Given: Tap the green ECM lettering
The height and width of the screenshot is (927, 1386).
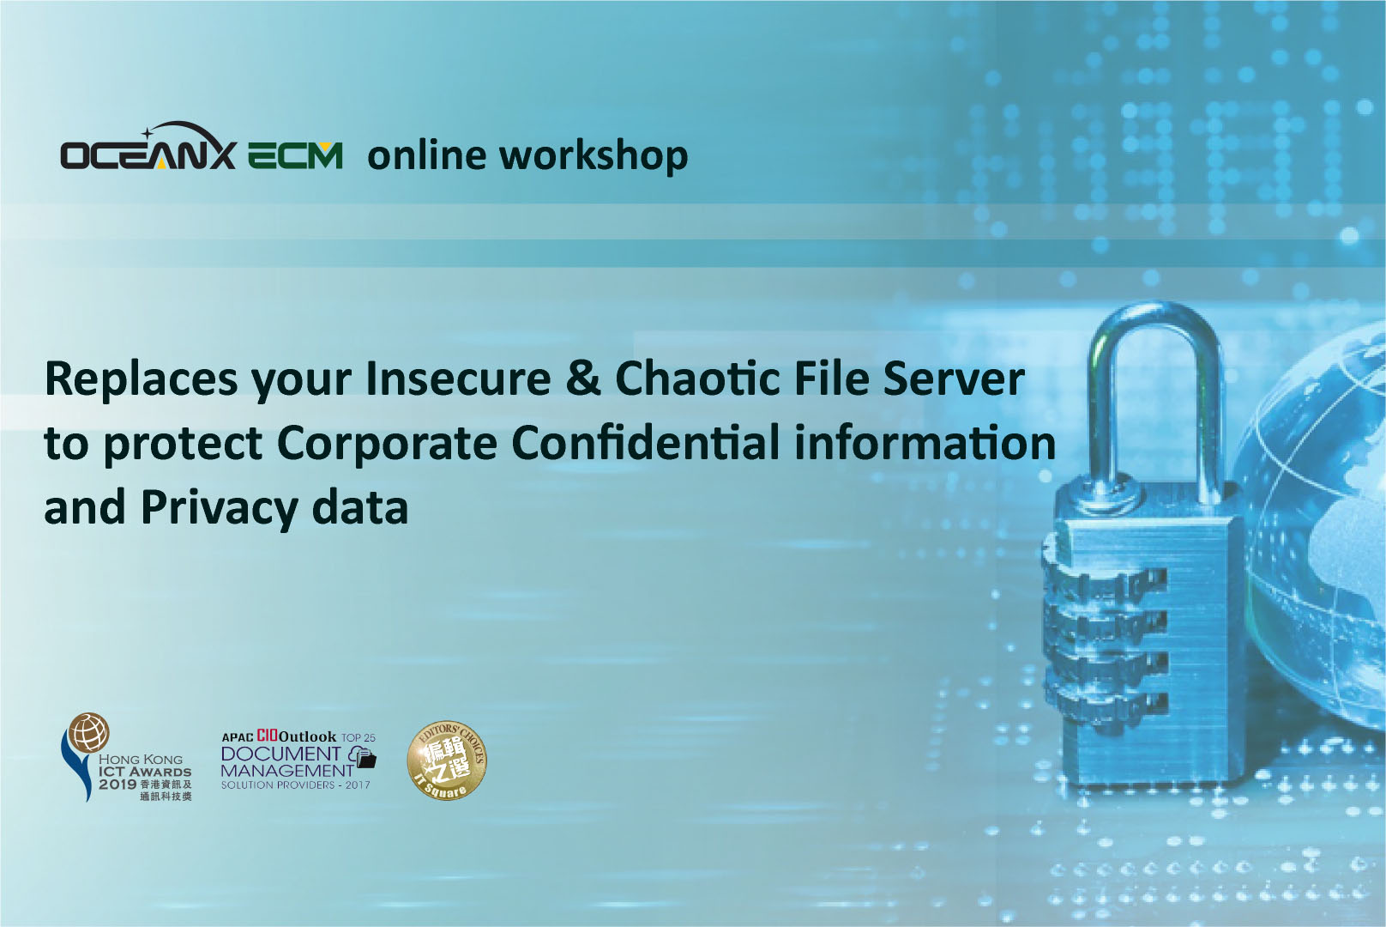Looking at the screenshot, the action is pyautogui.click(x=295, y=155).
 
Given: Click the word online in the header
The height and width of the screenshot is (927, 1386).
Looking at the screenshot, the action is pyautogui.click(x=427, y=154).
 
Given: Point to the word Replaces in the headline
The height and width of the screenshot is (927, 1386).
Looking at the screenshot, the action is pyautogui.click(x=141, y=379).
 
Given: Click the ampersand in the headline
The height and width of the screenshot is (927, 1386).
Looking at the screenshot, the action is pyautogui.click(x=582, y=378).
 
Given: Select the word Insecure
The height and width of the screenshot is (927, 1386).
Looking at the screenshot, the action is pyautogui.click(x=458, y=379).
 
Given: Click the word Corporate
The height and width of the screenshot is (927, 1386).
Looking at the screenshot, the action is pyautogui.click(x=387, y=444).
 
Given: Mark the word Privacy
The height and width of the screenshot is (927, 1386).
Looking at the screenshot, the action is pyautogui.click(x=220, y=508).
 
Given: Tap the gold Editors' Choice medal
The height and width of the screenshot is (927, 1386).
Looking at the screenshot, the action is pyautogui.click(x=447, y=760).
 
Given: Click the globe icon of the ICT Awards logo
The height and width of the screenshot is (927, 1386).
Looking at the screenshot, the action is pyautogui.click(x=88, y=733).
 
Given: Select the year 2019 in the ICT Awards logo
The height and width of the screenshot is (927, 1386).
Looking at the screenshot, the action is pyautogui.click(x=118, y=785).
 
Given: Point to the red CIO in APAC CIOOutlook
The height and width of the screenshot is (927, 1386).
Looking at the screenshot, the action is pyautogui.click(x=268, y=736).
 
